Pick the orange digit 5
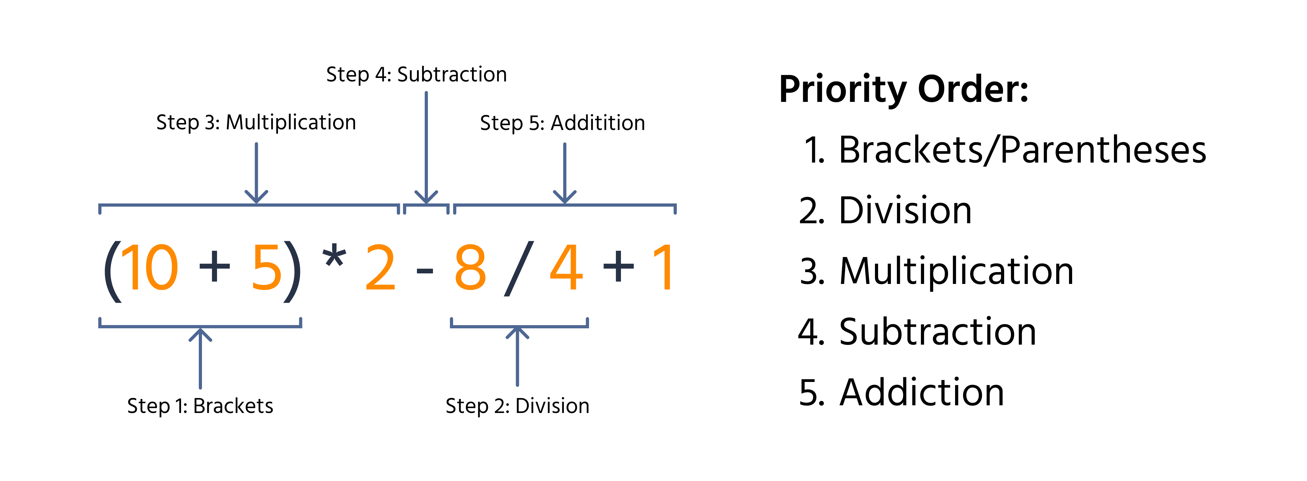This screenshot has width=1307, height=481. (266, 268)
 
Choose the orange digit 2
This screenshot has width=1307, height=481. (380, 268)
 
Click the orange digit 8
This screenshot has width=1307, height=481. (470, 268)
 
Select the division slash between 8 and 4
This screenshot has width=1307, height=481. (518, 268)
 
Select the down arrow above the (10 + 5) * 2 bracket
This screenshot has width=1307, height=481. (256, 173)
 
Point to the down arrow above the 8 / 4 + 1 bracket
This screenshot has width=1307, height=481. (565, 173)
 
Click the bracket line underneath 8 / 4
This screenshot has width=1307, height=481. (519, 326)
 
